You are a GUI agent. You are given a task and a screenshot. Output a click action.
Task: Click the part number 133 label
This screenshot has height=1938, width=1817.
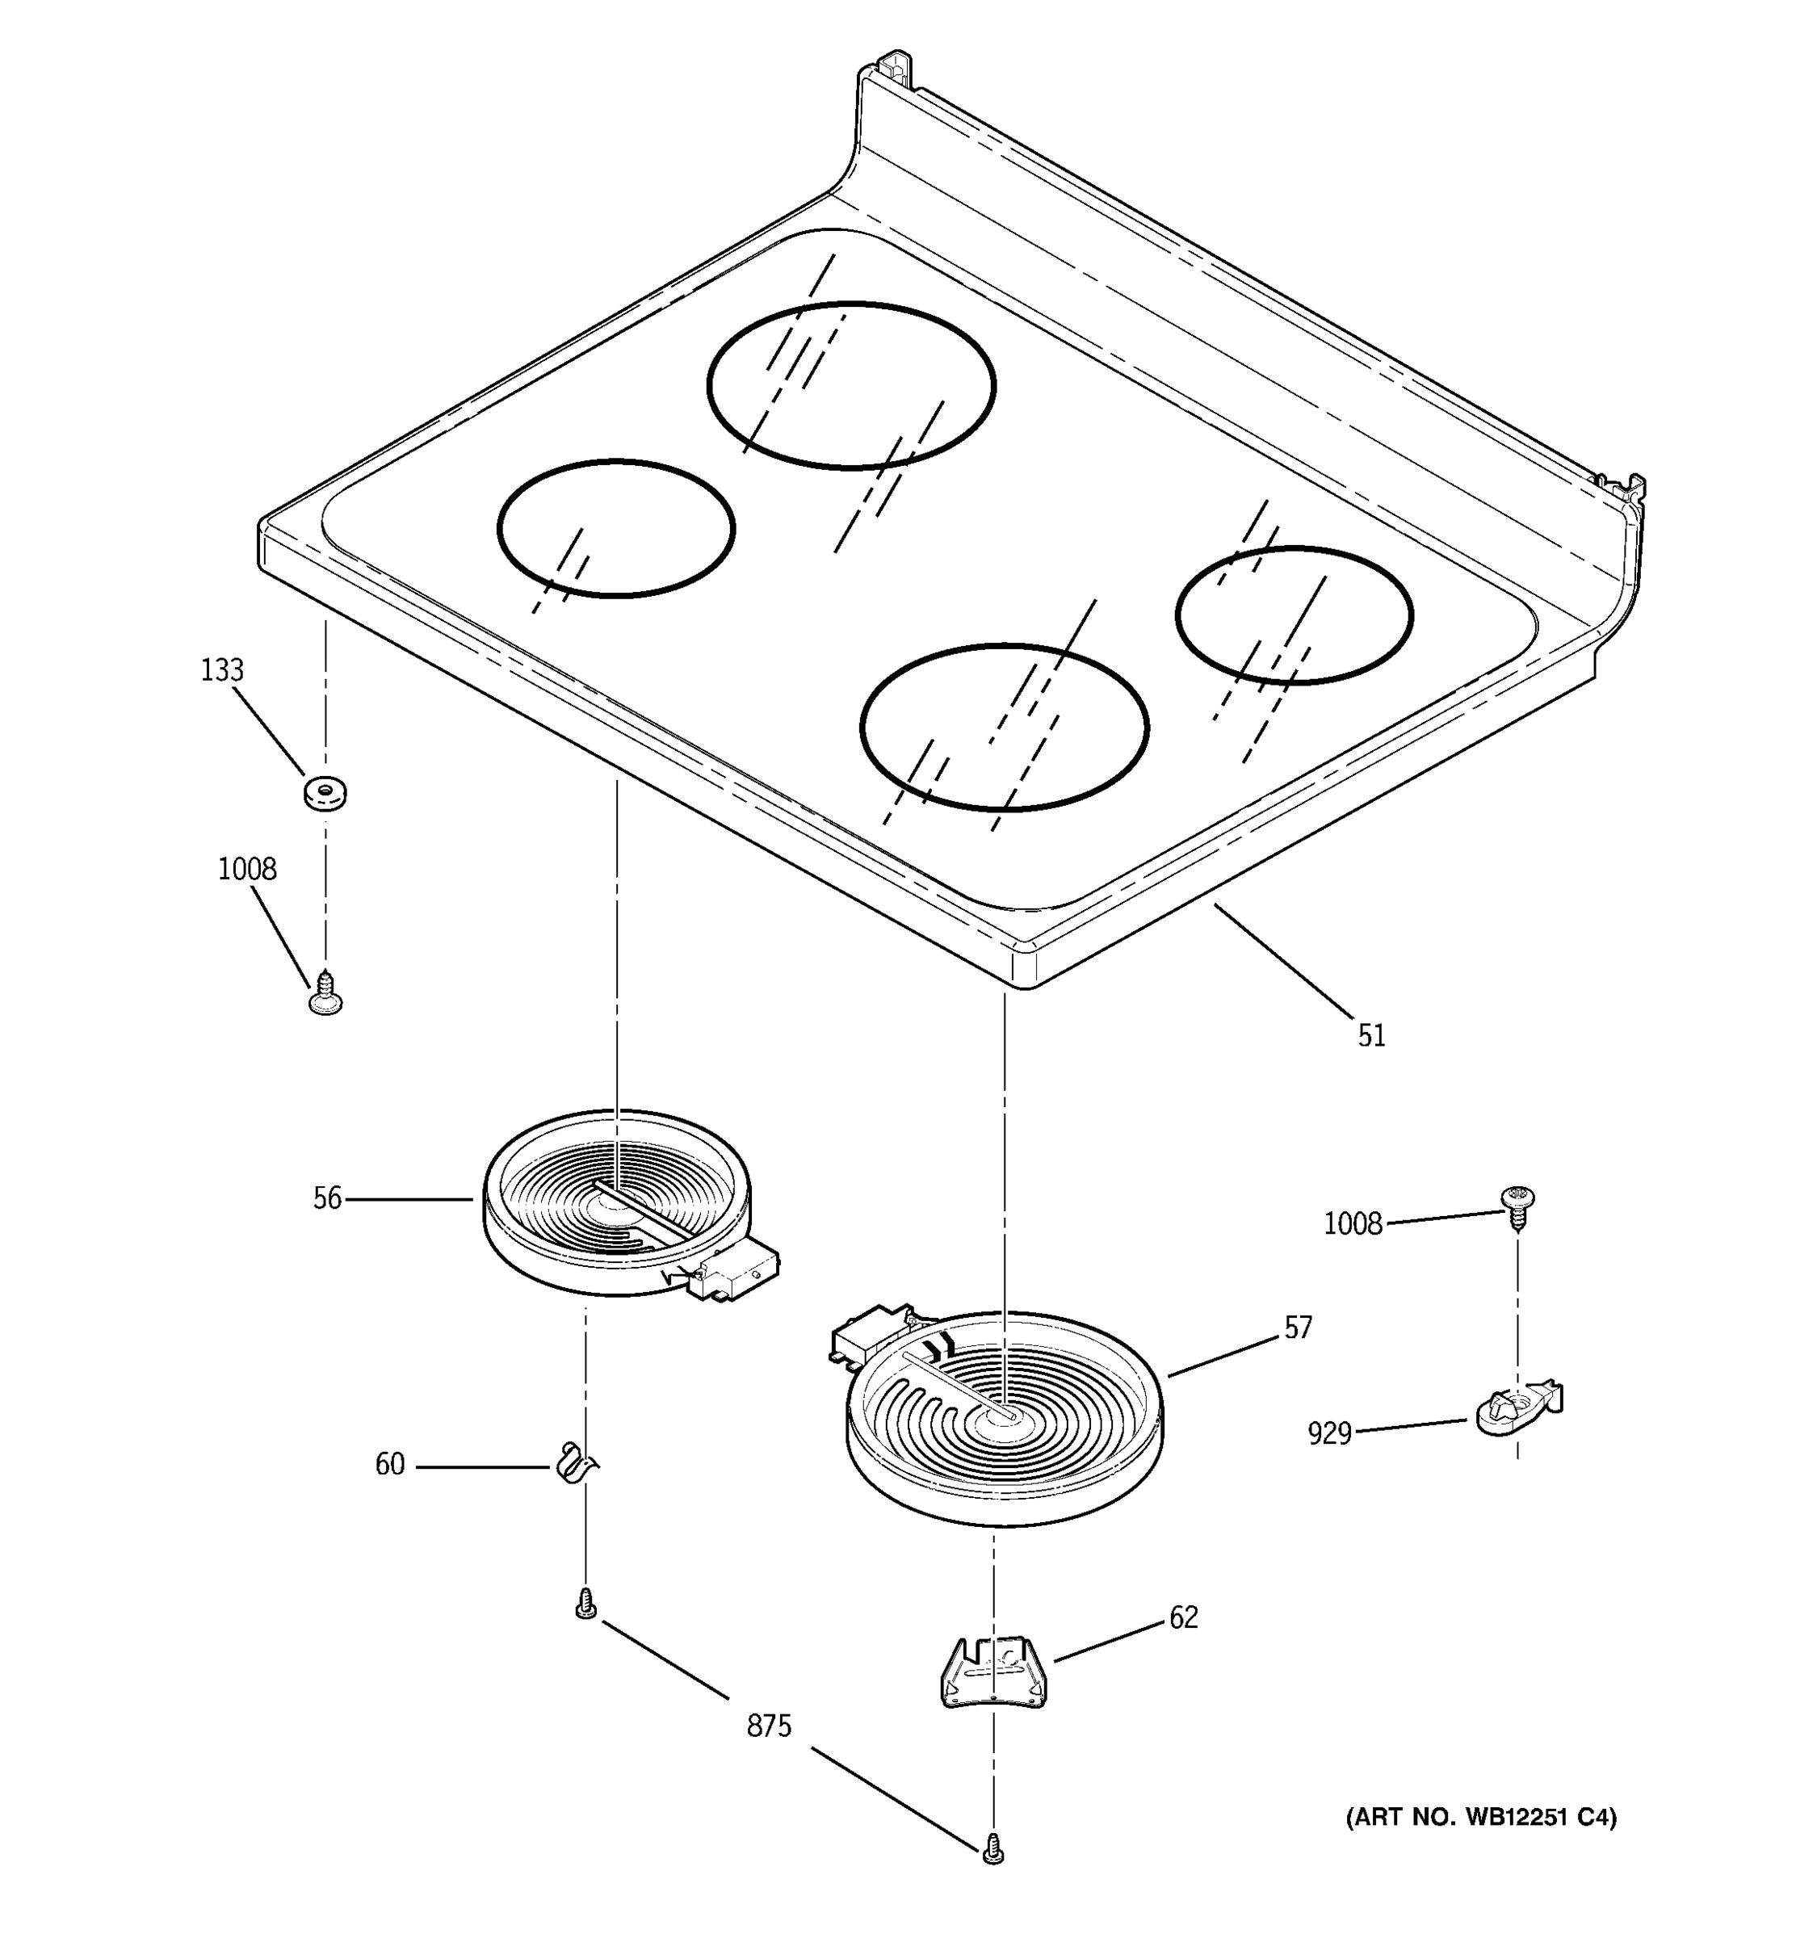[x=222, y=671]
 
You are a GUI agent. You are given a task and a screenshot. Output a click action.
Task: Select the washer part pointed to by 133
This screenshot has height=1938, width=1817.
[x=325, y=791]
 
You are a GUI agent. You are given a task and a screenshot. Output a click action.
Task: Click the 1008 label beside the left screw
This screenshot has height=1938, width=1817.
[x=246, y=869]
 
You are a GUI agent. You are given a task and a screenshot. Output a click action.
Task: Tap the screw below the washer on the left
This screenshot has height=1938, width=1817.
[x=325, y=994]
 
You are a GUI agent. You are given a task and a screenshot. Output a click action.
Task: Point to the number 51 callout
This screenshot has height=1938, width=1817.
[x=1371, y=1035]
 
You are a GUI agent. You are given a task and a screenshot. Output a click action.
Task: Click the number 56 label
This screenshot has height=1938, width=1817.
[x=328, y=1199]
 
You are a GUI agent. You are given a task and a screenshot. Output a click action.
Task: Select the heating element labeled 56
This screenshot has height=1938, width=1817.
[x=617, y=1203]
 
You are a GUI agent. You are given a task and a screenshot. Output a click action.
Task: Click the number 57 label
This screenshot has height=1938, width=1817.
[x=1298, y=1328]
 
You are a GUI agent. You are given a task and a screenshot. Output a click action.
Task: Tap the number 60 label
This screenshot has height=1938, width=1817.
[x=390, y=1465]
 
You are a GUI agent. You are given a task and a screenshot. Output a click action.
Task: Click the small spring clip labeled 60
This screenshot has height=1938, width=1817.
[x=575, y=1463]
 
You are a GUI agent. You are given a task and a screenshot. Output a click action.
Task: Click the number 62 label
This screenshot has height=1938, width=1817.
[x=1183, y=1618]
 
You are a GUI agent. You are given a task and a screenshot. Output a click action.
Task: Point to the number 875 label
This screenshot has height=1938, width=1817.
[x=769, y=1727]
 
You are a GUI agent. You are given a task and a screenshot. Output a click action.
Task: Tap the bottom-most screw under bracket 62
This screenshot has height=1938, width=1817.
[x=992, y=1848]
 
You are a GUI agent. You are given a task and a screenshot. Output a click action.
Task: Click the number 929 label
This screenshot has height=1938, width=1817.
[x=1329, y=1434]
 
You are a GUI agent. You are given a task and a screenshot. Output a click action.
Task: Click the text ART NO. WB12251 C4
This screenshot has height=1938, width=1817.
[x=1481, y=1817]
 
